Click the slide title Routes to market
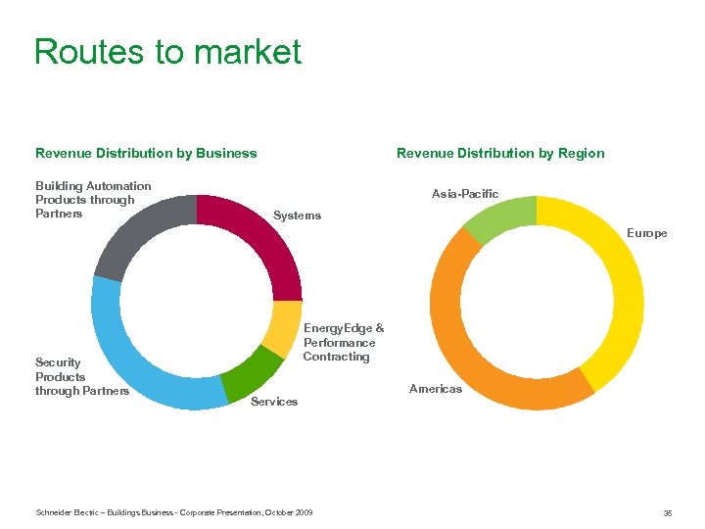point(167,51)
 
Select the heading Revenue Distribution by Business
point(146,153)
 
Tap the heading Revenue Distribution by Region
point(500,153)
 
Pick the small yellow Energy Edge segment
point(284,328)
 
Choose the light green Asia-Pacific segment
point(494,217)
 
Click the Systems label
point(297,216)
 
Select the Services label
point(274,402)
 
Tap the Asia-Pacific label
point(465,194)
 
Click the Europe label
point(647,233)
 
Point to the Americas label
point(436,389)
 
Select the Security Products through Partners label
point(82,377)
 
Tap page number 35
point(667,512)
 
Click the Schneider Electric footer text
point(173,512)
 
